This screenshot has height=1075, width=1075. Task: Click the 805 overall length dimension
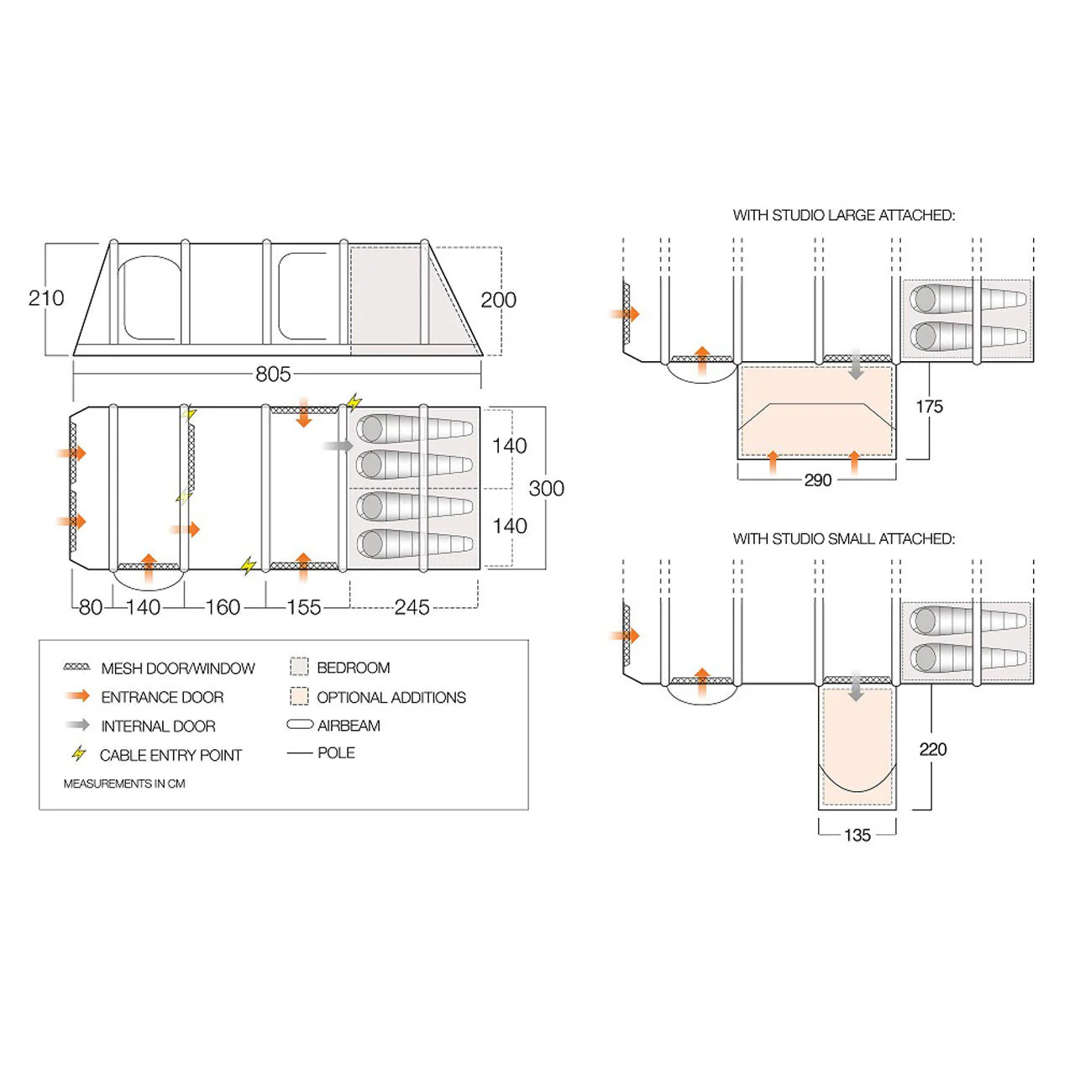click(273, 374)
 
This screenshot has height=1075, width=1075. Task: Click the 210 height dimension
click(45, 298)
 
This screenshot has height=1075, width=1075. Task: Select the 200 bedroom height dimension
click(498, 300)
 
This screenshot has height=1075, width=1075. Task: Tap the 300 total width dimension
click(546, 488)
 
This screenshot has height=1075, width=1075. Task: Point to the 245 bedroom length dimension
click(412, 607)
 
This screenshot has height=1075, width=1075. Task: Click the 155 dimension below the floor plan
click(303, 607)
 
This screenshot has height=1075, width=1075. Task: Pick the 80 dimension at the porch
click(90, 607)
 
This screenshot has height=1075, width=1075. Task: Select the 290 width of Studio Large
click(817, 480)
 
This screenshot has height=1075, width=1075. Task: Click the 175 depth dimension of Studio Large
click(929, 406)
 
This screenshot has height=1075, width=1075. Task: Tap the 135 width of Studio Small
click(857, 835)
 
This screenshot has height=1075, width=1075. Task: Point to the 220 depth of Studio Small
click(932, 749)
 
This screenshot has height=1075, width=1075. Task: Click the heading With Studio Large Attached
click(843, 215)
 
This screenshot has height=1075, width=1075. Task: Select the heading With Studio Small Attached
click(843, 538)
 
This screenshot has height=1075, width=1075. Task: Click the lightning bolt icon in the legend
click(79, 753)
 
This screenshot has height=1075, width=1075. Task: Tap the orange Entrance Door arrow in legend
click(77, 696)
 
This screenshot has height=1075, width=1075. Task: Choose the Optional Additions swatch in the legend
click(299, 696)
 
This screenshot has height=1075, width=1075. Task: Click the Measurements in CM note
click(124, 784)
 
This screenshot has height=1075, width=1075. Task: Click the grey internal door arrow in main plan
click(338, 446)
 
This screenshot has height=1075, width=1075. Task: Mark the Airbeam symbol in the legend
click(300, 725)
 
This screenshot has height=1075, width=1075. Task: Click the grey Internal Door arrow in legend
click(77, 725)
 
